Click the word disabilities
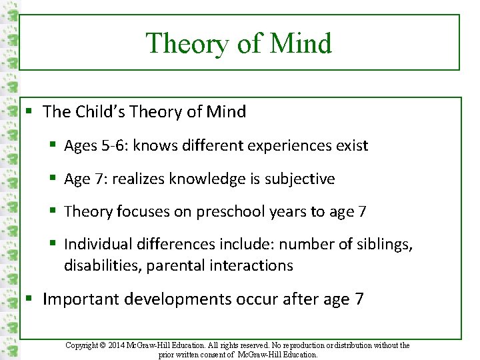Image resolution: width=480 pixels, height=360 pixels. tap(103, 265)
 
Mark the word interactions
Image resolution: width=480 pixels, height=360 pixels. tap(253, 265)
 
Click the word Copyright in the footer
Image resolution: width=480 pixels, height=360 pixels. tap(83, 345)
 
